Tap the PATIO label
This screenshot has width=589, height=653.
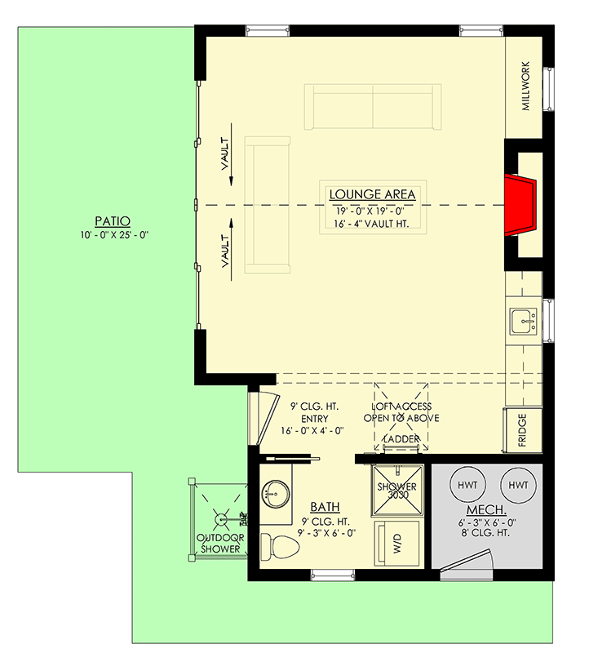pyautogui.click(x=113, y=220)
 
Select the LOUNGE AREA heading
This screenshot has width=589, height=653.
pyautogui.click(x=372, y=194)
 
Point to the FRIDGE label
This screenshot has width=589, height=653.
pyautogui.click(x=522, y=432)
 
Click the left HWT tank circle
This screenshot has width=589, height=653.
pyautogui.click(x=468, y=485)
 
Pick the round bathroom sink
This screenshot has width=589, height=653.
pyautogui.click(x=272, y=494)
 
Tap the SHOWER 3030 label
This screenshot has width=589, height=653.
pyautogui.click(x=396, y=491)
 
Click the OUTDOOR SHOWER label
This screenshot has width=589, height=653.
pyautogui.click(x=220, y=544)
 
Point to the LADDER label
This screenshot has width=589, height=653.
pyautogui.click(x=401, y=440)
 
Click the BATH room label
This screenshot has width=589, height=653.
pyautogui.click(x=325, y=507)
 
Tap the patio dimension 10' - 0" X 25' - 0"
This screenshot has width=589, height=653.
pyautogui.click(x=113, y=236)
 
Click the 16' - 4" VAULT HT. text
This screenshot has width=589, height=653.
pyautogui.click(x=372, y=222)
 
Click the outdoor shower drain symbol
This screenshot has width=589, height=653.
pyautogui.click(x=219, y=515)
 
